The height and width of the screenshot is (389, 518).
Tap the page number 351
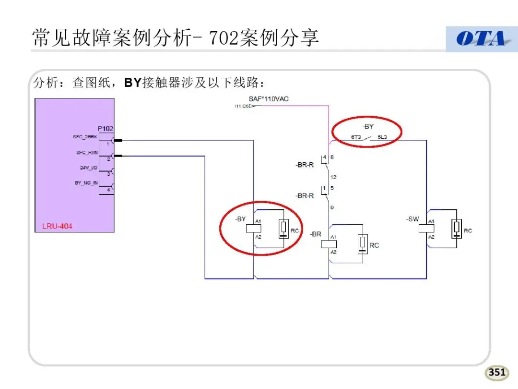coord(497,372)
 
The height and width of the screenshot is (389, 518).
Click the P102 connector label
coord(106,129)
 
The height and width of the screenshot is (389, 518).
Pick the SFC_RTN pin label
coord(87,153)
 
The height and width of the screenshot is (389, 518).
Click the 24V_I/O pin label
coord(89,168)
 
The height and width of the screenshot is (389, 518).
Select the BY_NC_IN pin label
coord(86,183)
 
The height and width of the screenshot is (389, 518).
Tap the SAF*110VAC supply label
coord(269,99)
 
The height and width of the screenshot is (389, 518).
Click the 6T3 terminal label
coord(355,137)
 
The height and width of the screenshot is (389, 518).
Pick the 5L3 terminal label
coord(382,137)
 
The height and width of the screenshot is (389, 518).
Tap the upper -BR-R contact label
coord(305,165)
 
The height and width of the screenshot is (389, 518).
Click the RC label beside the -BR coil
coord(374,245)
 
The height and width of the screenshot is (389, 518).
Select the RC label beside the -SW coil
coord(468,231)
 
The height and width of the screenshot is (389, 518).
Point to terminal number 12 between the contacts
coord(333,177)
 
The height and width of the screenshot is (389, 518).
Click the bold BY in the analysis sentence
coord(132,83)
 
